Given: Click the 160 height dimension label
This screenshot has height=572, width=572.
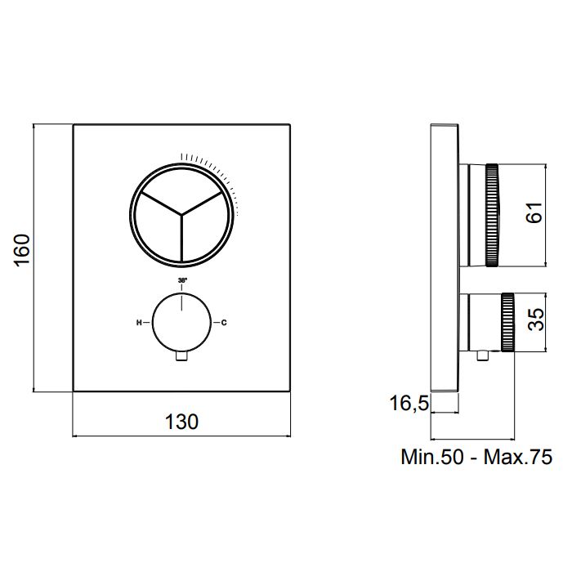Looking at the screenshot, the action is click(23, 250).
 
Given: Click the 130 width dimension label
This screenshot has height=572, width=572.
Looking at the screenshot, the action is click(181, 422).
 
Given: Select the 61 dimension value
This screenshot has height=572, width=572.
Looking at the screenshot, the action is click(534, 212).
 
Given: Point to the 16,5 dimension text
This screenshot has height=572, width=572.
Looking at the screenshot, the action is click(409, 404).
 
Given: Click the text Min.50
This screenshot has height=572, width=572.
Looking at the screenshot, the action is click(432, 457).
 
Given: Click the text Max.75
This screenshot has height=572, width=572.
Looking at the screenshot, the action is click(517, 457).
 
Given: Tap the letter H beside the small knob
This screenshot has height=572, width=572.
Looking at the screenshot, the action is click(139, 323).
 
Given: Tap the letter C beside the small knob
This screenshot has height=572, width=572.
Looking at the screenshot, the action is click(224, 323).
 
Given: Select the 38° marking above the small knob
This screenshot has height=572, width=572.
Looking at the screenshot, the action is click(182, 280).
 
